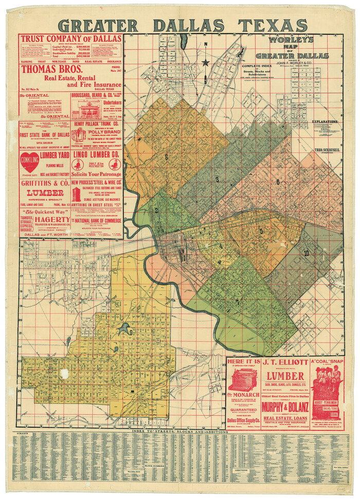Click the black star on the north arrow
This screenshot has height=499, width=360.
pyautogui.click(x=206, y=63)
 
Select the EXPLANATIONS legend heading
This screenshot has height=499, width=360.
pyautogui.click(x=325, y=122)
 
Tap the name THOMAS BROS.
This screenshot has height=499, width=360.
pyautogui.click(x=48, y=69)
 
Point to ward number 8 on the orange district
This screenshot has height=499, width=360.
pyautogui.click(x=166, y=156)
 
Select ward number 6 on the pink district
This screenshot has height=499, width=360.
pyautogui.click(x=277, y=182)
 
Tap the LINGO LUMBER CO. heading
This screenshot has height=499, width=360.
pyautogui.click(x=96, y=154)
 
